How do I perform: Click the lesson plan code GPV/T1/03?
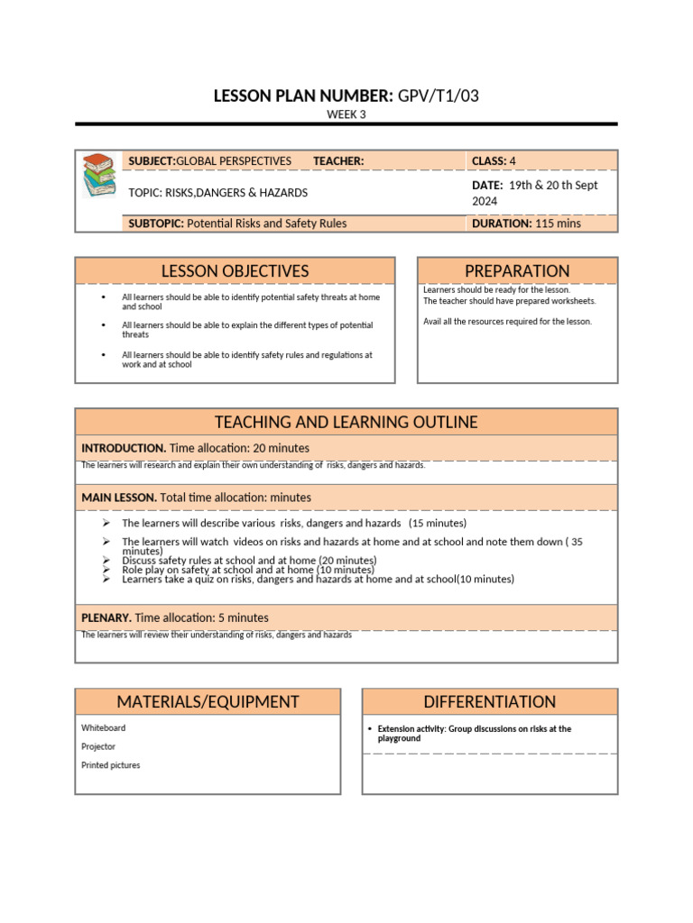click(438, 96)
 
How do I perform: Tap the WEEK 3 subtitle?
click(346, 114)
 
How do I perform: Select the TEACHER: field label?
click(338, 161)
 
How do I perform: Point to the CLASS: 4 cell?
click(494, 161)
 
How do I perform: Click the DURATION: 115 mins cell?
click(526, 224)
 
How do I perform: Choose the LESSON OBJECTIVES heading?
click(235, 271)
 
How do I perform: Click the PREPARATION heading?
click(517, 271)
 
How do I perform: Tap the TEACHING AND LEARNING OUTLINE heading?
click(346, 423)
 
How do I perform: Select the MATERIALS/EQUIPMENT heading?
click(208, 702)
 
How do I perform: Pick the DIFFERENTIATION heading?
click(490, 702)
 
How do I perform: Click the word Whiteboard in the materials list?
click(104, 727)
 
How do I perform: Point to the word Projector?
click(98, 746)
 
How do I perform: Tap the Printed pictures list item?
click(110, 765)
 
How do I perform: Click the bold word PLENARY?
click(106, 618)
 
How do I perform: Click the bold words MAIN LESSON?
click(119, 498)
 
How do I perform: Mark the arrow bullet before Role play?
click(106, 571)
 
